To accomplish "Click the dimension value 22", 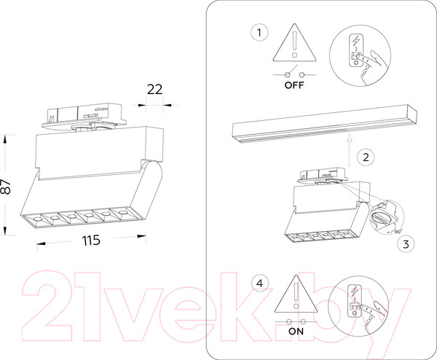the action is [x=154, y=90].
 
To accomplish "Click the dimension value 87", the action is [x=6, y=187].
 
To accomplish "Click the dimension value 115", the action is [x=91, y=240].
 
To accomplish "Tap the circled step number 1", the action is [x=259, y=33].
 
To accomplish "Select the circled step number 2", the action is [x=366, y=157].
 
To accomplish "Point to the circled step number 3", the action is [x=406, y=244].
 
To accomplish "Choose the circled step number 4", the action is [x=260, y=283].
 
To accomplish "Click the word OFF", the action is [x=294, y=85].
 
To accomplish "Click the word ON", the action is [x=296, y=332].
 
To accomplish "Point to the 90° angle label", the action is [x=398, y=232].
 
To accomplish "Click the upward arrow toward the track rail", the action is [x=349, y=150].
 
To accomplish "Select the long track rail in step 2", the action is [x=325, y=124].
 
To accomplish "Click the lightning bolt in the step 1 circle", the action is [x=356, y=41].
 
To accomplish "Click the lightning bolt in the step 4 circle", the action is [x=355, y=291].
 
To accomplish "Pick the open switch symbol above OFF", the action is [x=294, y=72].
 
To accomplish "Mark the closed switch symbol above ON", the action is [x=296, y=321].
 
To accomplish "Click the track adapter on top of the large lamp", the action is [x=84, y=117].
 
